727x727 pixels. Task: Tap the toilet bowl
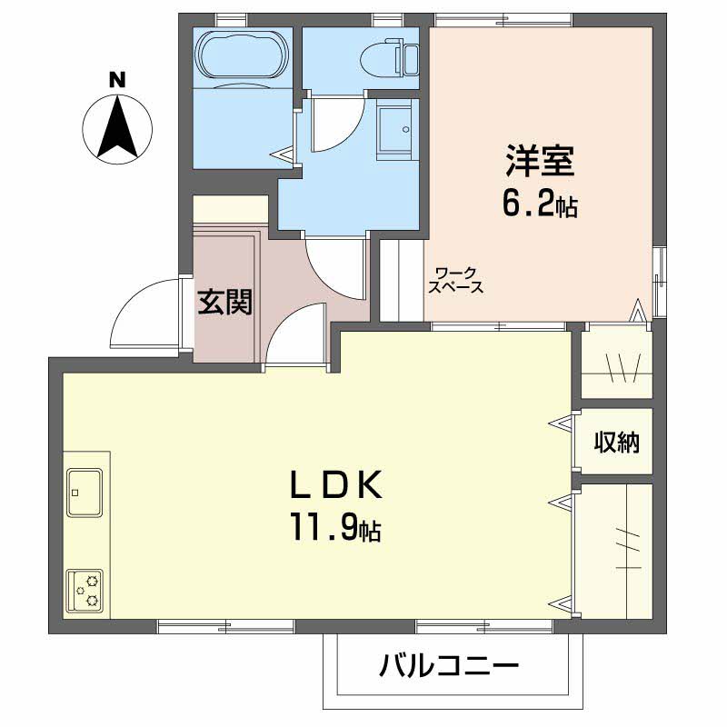[390, 59]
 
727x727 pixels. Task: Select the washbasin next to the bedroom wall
[394, 131]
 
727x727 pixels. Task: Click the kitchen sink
[85, 493]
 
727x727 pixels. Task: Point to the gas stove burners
[85, 591]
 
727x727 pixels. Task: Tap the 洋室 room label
[540, 161]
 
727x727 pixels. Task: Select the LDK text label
[336, 484]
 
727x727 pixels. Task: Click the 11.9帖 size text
[336, 527]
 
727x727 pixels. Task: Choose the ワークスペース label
[456, 280]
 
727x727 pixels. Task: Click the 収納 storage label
[617, 442]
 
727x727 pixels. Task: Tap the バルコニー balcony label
[449, 666]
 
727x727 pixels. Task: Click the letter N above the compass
[117, 80]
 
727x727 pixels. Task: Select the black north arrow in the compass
[117, 125]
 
